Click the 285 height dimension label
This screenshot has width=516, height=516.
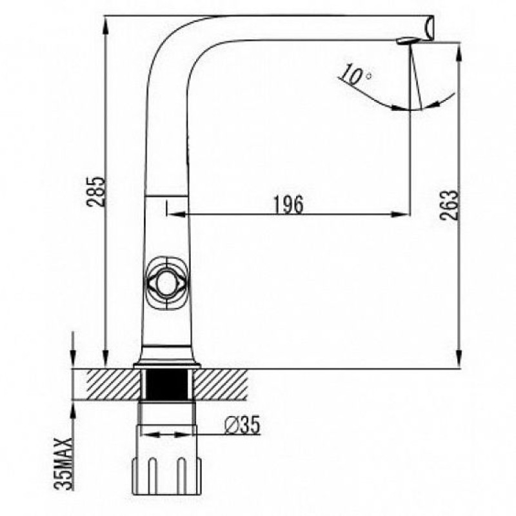[96, 192]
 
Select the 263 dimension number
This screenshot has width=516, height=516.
[449, 204]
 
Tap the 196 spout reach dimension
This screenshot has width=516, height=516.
[288, 204]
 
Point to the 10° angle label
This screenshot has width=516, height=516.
[356, 74]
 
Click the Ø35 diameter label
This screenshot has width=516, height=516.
[243, 425]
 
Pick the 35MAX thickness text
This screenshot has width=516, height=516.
[63, 464]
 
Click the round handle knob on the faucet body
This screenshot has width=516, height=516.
[166, 284]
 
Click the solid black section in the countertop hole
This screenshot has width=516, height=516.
[167, 384]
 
